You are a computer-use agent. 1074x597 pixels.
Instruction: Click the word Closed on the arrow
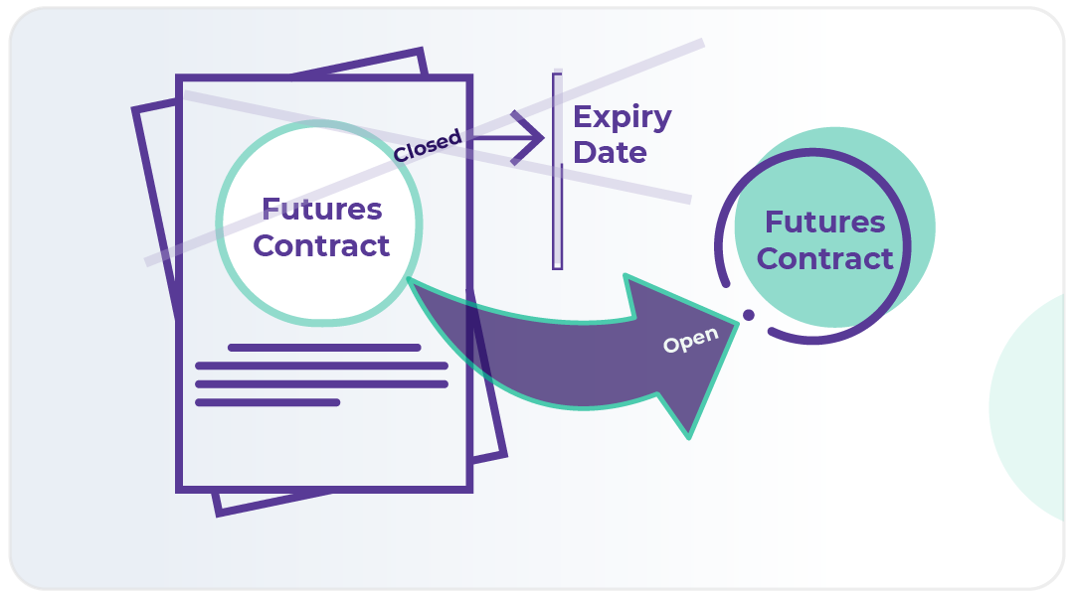428,146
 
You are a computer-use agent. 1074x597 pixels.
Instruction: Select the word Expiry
623,117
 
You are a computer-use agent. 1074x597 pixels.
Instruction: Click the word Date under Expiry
610,152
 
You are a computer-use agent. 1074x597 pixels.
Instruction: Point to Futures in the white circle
321,210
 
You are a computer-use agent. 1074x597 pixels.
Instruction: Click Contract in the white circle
321,245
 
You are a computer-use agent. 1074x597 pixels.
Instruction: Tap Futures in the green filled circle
824,222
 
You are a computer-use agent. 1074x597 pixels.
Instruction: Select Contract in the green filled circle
824,258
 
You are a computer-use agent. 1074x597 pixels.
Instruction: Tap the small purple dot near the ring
749,315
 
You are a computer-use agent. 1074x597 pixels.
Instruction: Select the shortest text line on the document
268,402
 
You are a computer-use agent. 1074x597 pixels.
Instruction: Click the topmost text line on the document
324,348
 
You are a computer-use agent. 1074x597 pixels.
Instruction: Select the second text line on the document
321,366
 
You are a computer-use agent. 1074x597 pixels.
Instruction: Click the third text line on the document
321,383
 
